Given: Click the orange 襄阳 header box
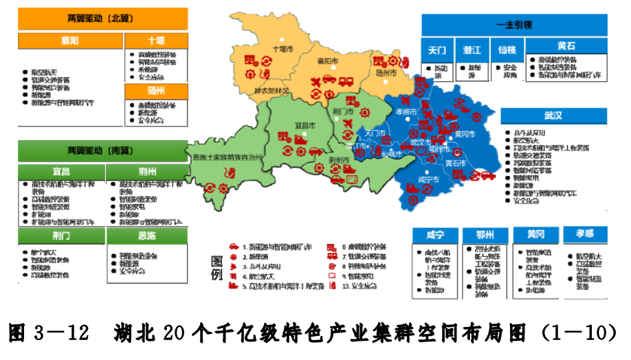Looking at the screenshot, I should [x=68, y=41].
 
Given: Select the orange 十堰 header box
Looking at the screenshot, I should [x=156, y=41].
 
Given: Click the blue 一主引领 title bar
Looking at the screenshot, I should [x=514, y=25].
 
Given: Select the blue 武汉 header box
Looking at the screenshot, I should [x=554, y=115].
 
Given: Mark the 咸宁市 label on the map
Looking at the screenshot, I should [x=428, y=179].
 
